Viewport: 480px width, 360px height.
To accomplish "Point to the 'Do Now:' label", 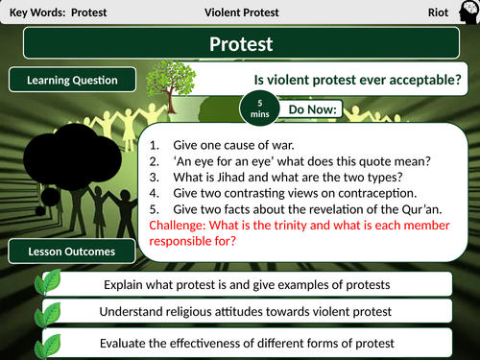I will coord(314,110).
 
